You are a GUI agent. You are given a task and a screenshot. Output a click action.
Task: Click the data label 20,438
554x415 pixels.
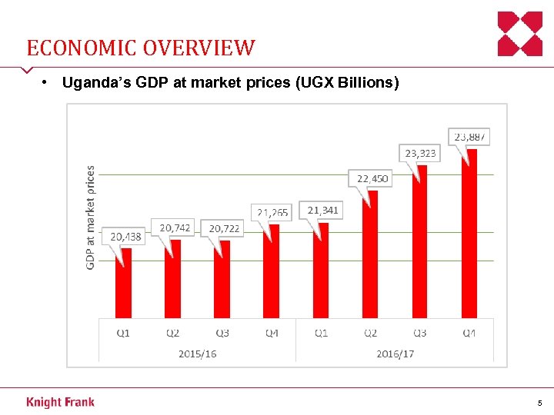126,237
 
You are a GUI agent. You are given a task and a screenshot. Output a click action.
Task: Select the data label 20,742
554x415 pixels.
175,227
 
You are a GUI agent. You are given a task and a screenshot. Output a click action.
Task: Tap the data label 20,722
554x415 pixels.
224,228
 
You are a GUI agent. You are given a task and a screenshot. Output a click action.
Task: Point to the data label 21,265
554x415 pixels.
273,212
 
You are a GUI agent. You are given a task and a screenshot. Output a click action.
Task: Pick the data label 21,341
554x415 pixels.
323,210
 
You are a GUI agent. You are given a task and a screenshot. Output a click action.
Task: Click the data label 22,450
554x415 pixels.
372,178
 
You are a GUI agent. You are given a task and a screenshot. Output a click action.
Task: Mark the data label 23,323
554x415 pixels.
421,153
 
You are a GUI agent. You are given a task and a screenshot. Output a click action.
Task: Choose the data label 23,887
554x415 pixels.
470,136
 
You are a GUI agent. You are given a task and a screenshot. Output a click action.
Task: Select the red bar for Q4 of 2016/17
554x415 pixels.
469,234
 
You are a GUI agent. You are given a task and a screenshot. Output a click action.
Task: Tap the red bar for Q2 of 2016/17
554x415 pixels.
370,254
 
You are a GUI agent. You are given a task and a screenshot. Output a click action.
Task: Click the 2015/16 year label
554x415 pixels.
197,354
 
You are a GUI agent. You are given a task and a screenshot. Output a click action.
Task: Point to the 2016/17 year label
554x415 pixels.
395,354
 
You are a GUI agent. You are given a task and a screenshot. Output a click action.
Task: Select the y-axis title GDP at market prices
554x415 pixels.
91,217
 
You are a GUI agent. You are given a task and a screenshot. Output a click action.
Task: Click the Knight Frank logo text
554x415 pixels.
60,402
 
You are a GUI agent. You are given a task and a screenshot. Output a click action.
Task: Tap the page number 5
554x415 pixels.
539,403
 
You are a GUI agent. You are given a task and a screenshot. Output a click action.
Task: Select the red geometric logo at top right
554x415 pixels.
520,34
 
